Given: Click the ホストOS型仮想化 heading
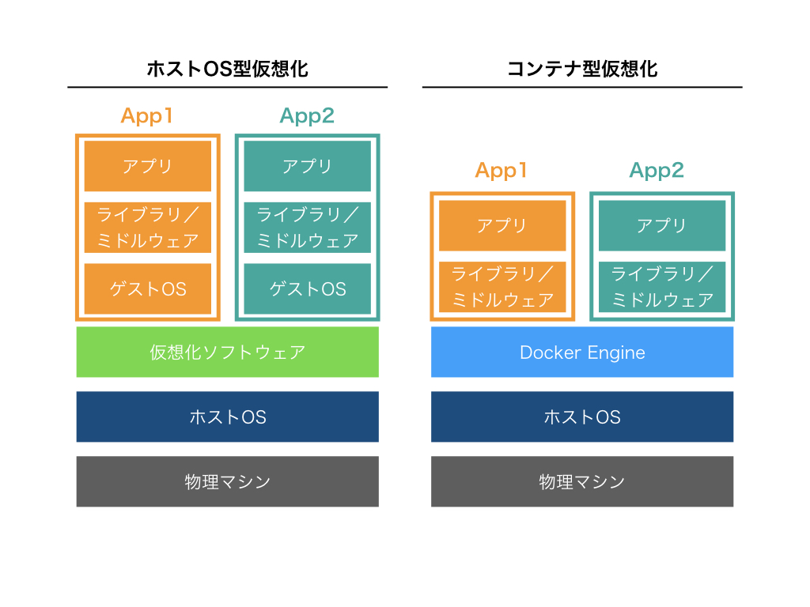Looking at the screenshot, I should point(228,69).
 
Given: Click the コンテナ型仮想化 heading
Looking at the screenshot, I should point(582,69).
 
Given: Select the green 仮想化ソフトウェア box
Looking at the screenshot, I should point(228,352).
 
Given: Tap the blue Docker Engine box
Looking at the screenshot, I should point(582,352).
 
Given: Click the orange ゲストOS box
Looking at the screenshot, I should point(148,288).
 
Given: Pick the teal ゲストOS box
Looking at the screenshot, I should point(307,288).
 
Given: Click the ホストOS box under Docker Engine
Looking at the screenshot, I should point(582,417).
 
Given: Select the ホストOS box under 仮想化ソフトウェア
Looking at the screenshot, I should point(228,417).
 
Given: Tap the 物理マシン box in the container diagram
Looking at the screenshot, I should point(582,481).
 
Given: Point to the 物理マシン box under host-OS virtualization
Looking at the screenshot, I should point(228,481).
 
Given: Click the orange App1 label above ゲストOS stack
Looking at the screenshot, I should point(147,116).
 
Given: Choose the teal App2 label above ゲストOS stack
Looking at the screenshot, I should point(307,116).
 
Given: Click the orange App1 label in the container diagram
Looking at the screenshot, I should point(502,171).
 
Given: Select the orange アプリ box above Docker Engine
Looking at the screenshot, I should point(502,225).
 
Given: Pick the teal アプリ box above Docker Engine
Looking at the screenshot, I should point(662,225).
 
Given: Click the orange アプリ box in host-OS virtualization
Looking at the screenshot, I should point(148,166).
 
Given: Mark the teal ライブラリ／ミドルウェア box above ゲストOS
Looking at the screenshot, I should point(307,228).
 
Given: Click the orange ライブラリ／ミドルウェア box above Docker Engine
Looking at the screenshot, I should point(502,286).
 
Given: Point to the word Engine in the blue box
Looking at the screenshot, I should point(616,353).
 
